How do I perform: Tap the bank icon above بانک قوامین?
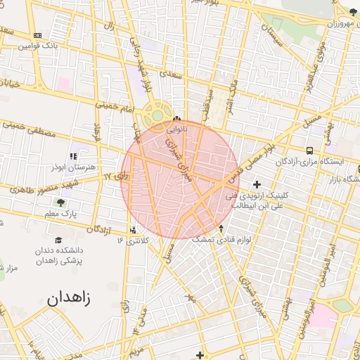point(37,36)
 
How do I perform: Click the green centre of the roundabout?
point(157,116)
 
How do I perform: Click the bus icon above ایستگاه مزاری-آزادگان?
point(310,150)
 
